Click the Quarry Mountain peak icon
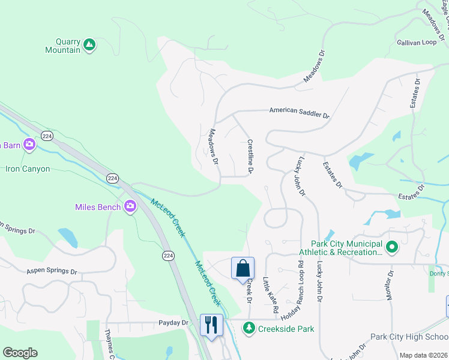coord(89,44)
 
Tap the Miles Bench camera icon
coord(130,207)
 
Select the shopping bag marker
coord(243,268)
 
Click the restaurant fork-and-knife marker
coord(211,325)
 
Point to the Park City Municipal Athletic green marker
coord(391,246)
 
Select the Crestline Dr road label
coord(250,158)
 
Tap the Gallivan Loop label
coord(416,43)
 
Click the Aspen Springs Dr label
coord(52,272)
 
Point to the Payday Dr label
coord(173,323)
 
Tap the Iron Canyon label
coord(28,169)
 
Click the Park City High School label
coord(409,337)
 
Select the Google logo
coord(20,353)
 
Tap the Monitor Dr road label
coord(391,284)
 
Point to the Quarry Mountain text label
coord(62,46)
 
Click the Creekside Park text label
coord(286,329)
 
